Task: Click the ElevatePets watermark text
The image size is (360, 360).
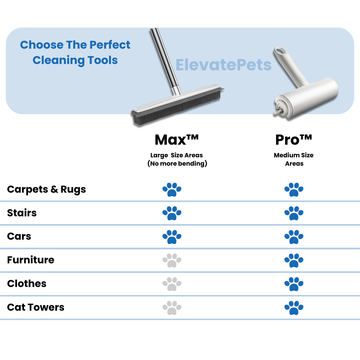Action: click(223, 65)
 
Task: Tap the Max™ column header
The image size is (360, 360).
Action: click(177, 140)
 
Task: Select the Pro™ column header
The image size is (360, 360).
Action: click(294, 140)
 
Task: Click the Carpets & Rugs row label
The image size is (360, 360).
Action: click(46, 189)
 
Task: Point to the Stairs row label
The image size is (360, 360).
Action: click(22, 213)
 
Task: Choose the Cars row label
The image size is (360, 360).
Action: click(19, 236)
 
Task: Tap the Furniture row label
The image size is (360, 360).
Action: click(31, 260)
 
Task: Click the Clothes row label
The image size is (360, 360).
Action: click(27, 284)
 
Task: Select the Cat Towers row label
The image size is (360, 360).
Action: click(36, 307)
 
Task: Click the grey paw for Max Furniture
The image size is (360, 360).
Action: click(172, 261)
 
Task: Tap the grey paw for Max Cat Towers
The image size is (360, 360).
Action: click(172, 308)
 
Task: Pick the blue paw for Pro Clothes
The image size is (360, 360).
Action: click(294, 284)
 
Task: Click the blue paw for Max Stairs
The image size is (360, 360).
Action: click(172, 213)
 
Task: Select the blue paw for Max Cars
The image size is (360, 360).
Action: click(172, 237)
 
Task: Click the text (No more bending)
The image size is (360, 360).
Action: click(177, 163)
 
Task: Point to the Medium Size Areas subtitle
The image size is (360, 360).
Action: click(294, 159)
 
